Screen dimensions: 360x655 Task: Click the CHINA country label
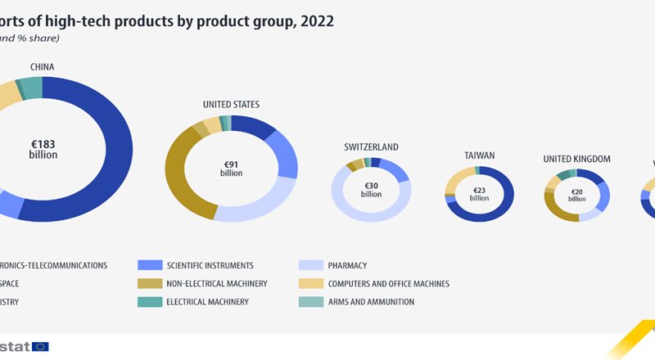click(43, 66)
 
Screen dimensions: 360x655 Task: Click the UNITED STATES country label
click(231, 105)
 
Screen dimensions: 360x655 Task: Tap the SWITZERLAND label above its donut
click(371, 147)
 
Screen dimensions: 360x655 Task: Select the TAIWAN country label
click(479, 155)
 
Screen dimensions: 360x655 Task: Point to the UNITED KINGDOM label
click(577, 159)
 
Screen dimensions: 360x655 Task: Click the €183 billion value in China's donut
click(43, 149)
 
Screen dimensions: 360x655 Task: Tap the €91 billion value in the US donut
click(231, 169)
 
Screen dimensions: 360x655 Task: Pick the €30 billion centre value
click(371, 190)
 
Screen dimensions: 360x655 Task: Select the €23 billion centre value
click(479, 194)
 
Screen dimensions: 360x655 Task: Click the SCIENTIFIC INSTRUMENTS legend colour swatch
click(151, 265)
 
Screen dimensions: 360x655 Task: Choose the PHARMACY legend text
click(348, 265)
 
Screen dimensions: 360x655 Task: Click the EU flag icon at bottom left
click(39, 347)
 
